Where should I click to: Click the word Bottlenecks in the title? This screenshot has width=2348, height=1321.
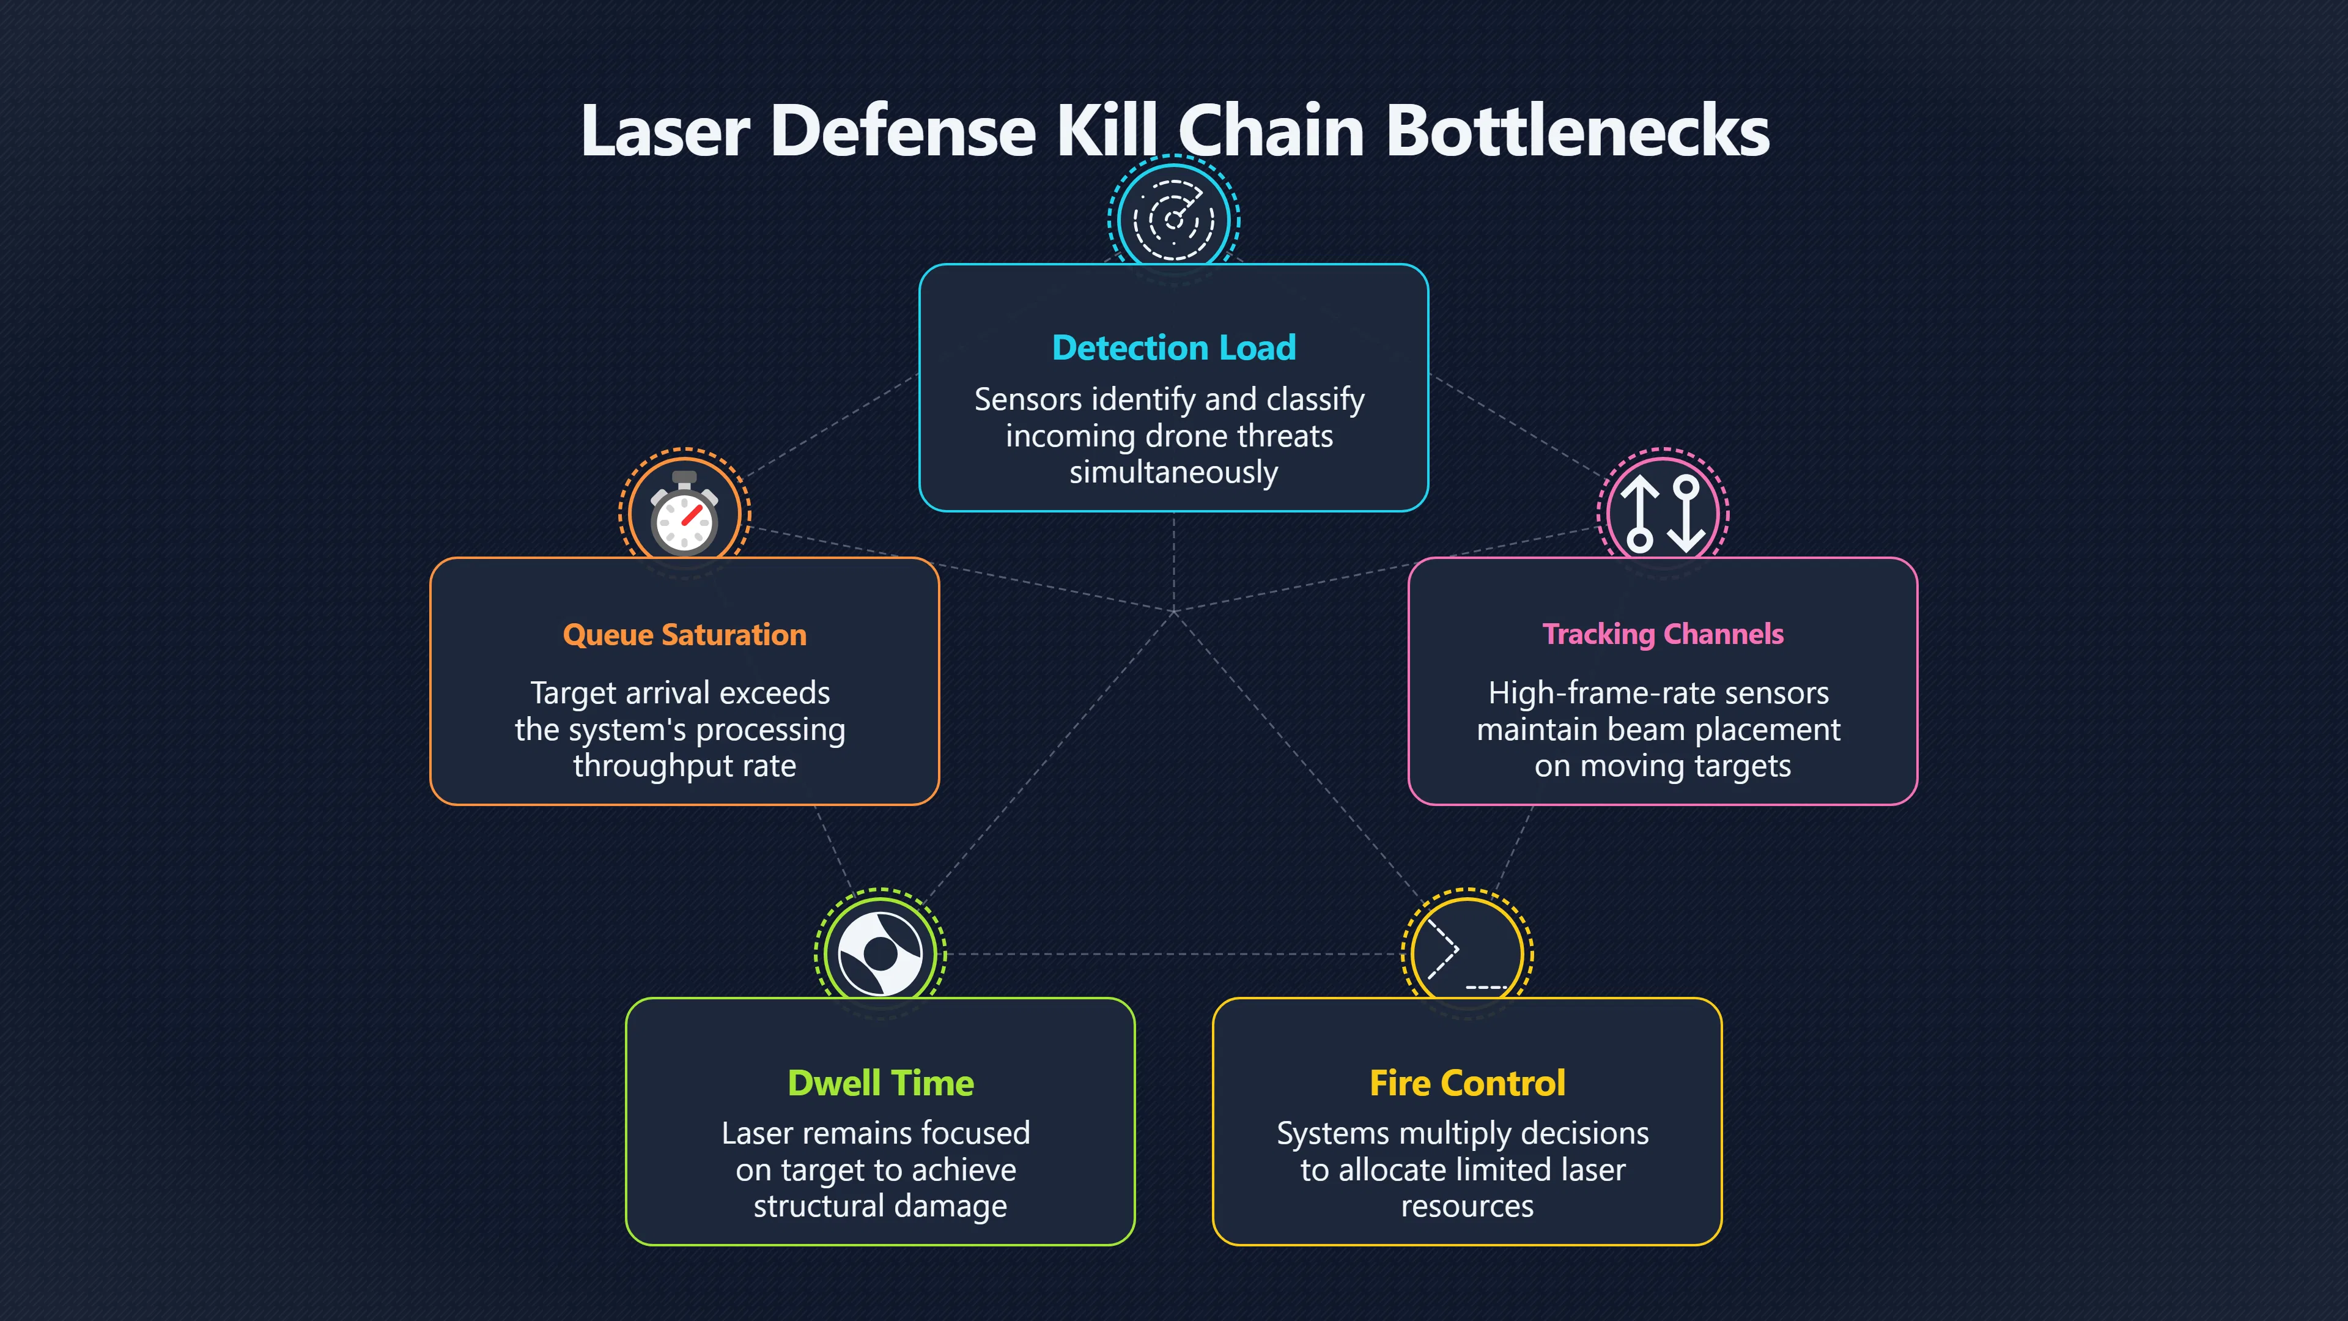click(x=1577, y=130)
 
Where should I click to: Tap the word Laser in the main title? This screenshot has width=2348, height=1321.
click(x=665, y=130)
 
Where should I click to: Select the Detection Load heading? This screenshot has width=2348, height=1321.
click(x=1174, y=347)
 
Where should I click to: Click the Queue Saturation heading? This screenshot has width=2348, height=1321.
click(x=685, y=635)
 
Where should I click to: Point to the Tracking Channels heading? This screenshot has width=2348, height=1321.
click(x=1663, y=635)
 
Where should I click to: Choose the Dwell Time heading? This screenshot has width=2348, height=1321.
click(x=880, y=1083)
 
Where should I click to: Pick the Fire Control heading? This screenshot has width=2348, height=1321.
click(x=1467, y=1083)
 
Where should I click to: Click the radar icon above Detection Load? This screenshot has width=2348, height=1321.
click(x=1174, y=219)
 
